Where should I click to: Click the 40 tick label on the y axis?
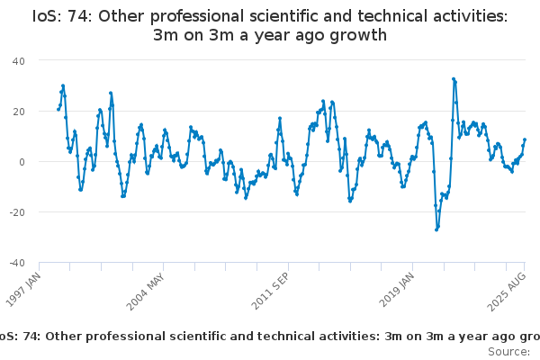pos(19,61)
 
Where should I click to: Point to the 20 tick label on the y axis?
pos(19,112)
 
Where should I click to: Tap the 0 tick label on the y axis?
pos(22,162)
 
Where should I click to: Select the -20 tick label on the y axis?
pos(17,212)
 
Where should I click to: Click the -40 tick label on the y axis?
pos(17,263)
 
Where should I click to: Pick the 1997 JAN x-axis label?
pos(23,290)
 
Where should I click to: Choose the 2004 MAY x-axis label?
pos(145,292)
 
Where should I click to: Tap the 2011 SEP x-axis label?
pos(270,292)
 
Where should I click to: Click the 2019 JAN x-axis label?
pos(396,290)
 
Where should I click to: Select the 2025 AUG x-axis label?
pos(507,292)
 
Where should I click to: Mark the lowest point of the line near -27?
pos(436,229)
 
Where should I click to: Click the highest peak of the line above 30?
pos(454,79)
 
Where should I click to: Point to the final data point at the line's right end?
pos(525,139)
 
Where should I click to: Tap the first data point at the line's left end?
pos(58,110)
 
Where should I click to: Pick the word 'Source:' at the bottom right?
pos(509,352)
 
